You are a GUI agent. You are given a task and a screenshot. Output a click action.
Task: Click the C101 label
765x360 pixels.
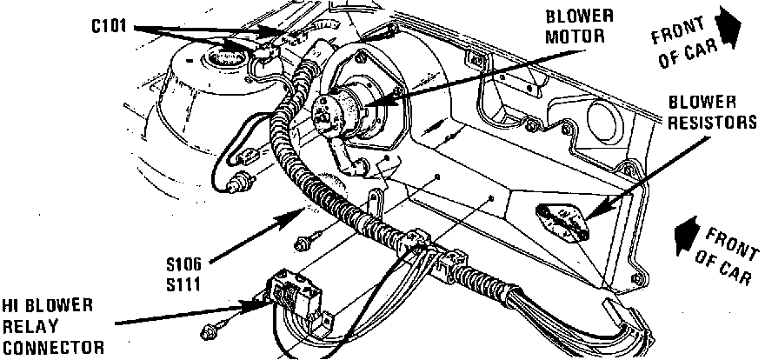110,27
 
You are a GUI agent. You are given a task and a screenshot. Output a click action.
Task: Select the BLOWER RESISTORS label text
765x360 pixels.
712,113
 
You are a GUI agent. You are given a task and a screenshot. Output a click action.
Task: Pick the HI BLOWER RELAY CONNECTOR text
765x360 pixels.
52,325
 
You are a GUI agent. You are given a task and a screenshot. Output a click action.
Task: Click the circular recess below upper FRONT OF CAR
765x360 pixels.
604,118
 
